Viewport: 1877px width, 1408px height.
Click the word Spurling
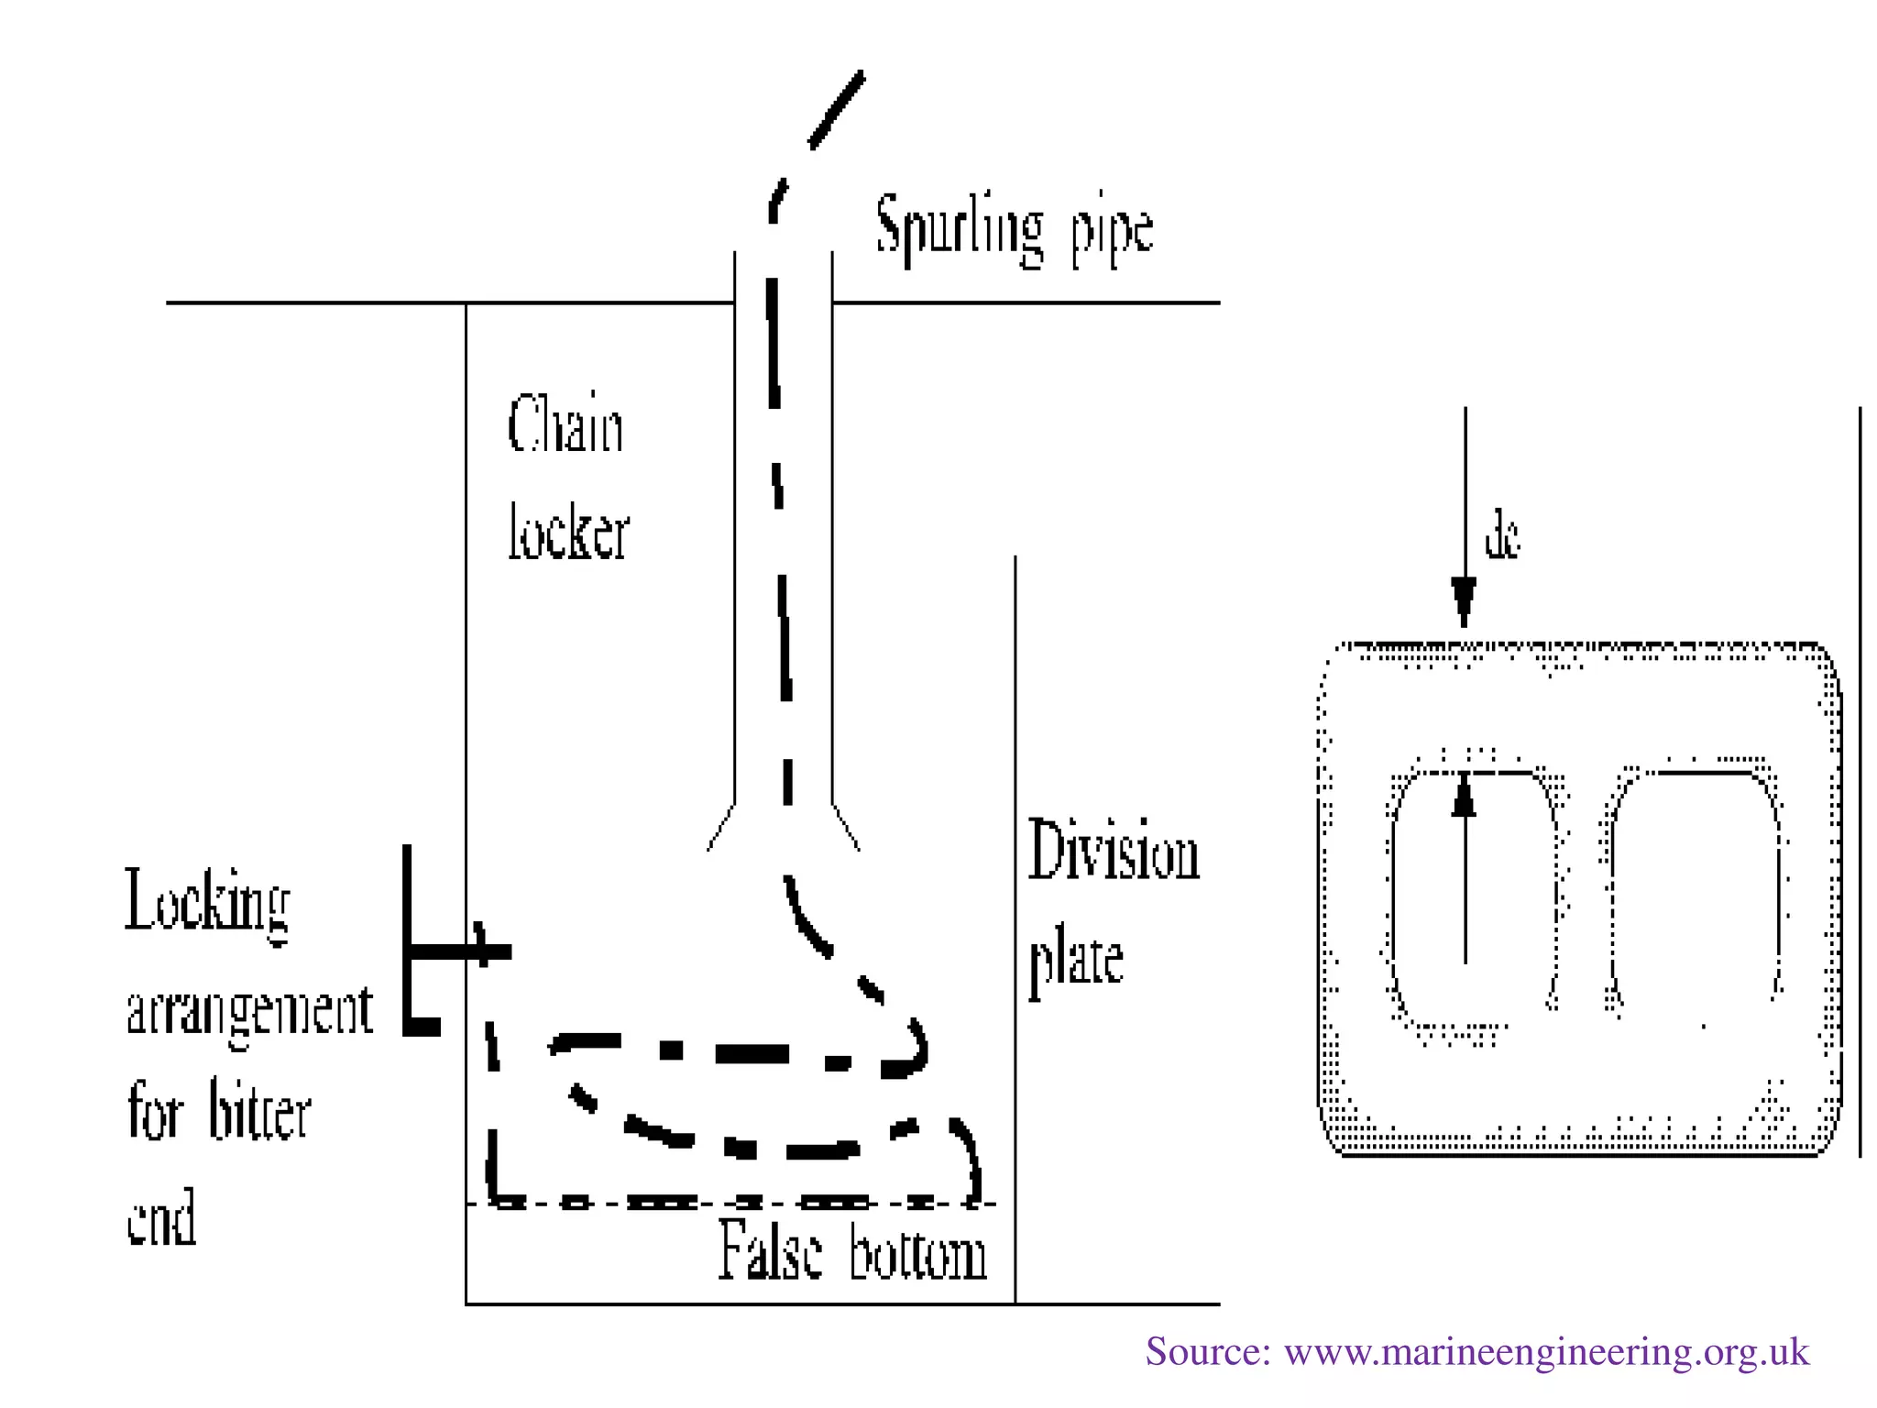point(959,229)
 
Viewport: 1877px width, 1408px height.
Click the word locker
point(568,532)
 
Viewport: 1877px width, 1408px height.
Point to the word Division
point(1113,851)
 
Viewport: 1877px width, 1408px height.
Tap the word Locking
point(208,903)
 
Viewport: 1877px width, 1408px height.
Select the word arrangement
point(249,1012)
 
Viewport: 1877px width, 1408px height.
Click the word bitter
point(260,1111)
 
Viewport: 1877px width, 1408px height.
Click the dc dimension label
point(1502,537)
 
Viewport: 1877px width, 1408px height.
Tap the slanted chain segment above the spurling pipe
point(836,110)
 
